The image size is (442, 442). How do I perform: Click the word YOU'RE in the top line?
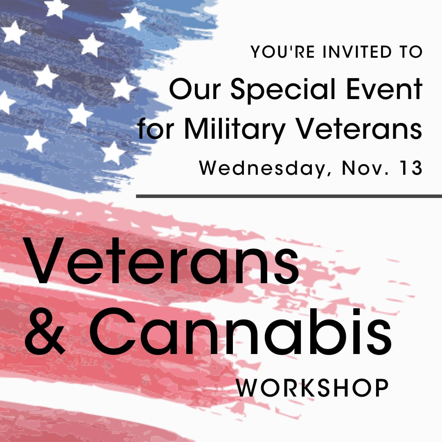tap(282, 52)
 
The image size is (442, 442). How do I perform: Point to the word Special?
tap(283, 90)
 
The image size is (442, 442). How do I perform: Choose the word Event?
tap(384, 89)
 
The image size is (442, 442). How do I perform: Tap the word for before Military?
tap(156, 128)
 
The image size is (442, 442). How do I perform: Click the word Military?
tap(235, 130)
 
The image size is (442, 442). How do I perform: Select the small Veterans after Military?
tap(359, 128)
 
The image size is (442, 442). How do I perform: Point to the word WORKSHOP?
tap(312, 388)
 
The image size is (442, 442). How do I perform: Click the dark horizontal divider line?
tap(289, 196)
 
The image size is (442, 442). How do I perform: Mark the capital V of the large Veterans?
tap(45, 261)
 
